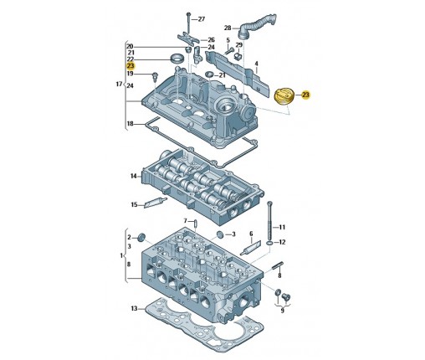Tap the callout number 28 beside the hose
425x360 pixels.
[228, 28]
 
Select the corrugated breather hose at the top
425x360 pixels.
[257, 26]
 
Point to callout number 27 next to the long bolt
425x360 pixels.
[202, 19]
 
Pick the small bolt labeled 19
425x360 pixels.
[155, 76]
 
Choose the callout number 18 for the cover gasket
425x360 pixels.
[131, 124]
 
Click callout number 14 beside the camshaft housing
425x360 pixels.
[134, 176]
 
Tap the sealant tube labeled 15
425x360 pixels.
[155, 203]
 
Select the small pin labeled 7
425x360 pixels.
[195, 224]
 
